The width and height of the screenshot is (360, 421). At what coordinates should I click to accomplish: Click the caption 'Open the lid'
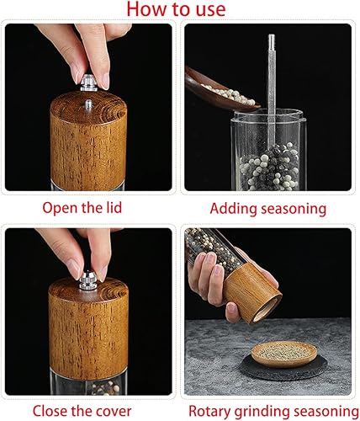88,206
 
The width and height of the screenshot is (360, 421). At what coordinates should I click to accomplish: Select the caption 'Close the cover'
88,411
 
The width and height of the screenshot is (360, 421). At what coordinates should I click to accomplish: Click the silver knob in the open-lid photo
88,83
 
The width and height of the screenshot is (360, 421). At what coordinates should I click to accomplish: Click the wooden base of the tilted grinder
251,295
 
